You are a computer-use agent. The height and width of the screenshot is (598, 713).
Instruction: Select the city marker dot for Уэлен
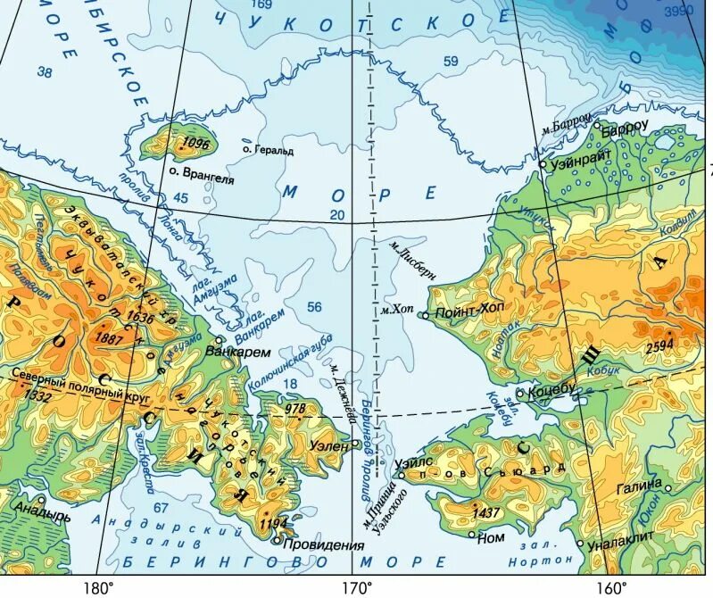[x=356, y=443]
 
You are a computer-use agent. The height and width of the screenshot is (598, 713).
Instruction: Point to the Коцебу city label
[x=552, y=389]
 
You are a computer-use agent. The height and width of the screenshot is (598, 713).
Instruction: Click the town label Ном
[x=493, y=539]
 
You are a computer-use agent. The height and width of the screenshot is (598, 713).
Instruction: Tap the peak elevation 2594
[x=659, y=345]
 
